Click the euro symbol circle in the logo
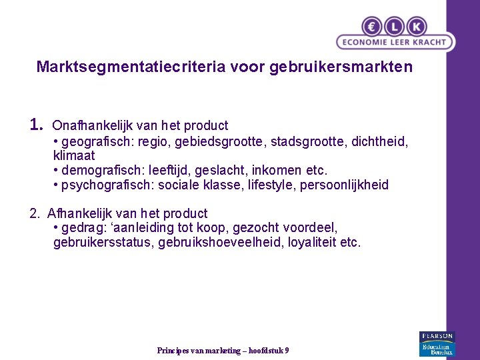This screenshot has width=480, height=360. (x=372, y=26)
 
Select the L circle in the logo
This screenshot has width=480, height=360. (x=394, y=26)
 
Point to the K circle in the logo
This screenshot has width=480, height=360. (x=416, y=26)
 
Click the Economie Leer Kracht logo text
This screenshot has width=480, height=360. (x=395, y=42)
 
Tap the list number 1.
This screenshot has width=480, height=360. (x=37, y=125)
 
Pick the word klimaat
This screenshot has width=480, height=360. (x=74, y=156)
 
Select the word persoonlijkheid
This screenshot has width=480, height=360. (x=344, y=185)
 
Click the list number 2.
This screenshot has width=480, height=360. (x=35, y=213)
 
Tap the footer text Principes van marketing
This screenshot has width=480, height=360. (x=199, y=351)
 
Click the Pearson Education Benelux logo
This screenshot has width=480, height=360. (x=436, y=343)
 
